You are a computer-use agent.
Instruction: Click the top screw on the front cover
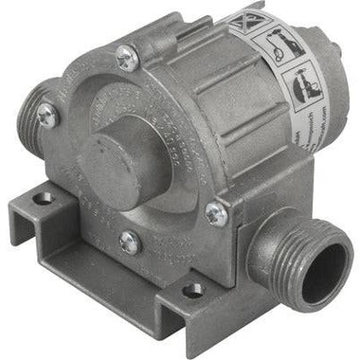click(x=125, y=58)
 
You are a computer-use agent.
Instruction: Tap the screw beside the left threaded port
click(x=45, y=116)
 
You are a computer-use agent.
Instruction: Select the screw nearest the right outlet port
click(x=216, y=216)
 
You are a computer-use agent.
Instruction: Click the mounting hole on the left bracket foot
click(x=43, y=200)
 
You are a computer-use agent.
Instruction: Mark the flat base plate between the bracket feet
click(x=114, y=275)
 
